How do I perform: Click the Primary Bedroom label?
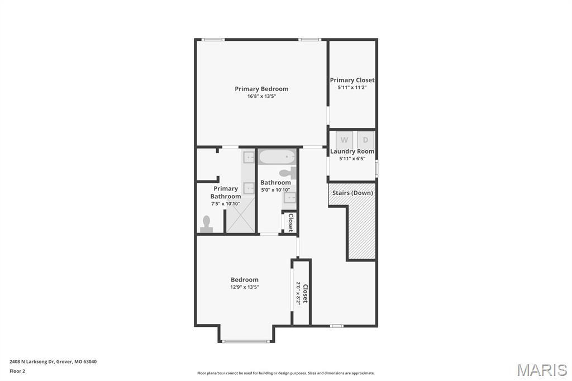(261, 89)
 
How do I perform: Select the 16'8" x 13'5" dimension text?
(261, 96)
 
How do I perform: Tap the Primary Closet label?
(352, 80)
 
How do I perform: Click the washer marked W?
(344, 140)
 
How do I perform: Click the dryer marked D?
(366, 140)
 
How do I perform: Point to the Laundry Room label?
(352, 151)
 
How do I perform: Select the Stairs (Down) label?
(352, 193)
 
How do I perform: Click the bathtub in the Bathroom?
(277, 156)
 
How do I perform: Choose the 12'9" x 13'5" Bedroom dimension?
(245, 287)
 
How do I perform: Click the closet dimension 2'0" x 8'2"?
(298, 292)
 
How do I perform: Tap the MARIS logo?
(542, 370)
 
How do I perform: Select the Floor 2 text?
(17, 371)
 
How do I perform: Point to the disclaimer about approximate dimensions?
(285, 373)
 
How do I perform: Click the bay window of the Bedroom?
(246, 341)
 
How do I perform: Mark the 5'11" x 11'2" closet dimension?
(352, 88)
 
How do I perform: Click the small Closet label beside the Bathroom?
(290, 222)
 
